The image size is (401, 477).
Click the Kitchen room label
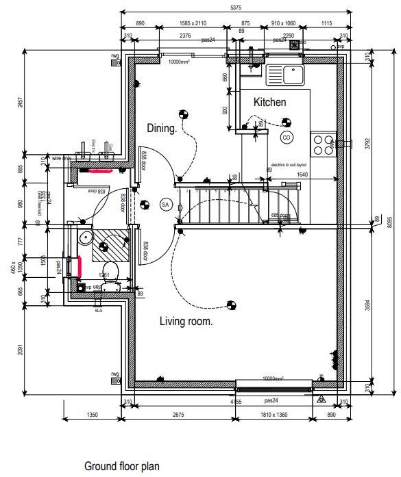[269, 102]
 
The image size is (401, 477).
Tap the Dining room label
[162, 128]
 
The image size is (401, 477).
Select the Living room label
[186, 321]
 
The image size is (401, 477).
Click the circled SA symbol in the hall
[165, 204]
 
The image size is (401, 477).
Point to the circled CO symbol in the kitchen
[286, 138]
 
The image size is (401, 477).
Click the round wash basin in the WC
[84, 237]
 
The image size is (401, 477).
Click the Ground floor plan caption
[121, 466]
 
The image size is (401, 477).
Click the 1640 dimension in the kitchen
[302, 175]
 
